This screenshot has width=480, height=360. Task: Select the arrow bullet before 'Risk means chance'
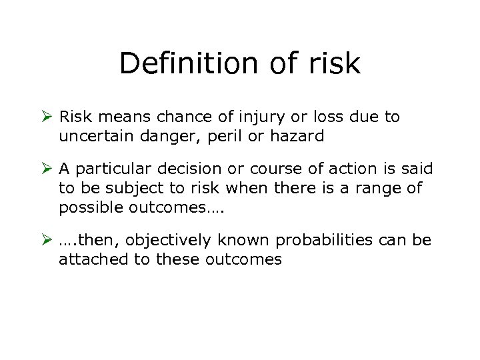pyautogui.click(x=46, y=117)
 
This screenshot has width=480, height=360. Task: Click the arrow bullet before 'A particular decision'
pyautogui.click(x=46, y=169)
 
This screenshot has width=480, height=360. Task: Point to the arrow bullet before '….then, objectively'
pyautogui.click(x=46, y=240)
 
